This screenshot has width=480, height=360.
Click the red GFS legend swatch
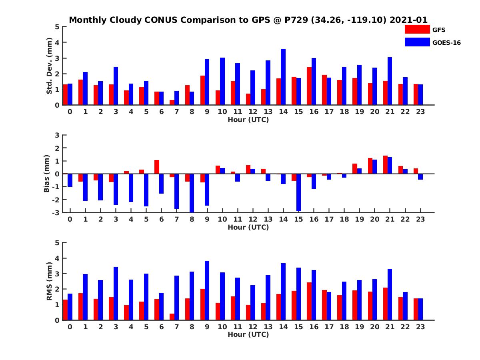(417, 29)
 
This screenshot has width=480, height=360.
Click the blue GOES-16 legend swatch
(417, 42)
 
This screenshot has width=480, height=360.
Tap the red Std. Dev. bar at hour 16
(309, 86)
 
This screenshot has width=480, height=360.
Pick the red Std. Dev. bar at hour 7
(172, 102)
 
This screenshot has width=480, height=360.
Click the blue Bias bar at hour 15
(298, 192)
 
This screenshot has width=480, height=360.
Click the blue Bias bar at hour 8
(192, 193)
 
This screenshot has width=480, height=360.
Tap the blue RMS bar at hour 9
(207, 290)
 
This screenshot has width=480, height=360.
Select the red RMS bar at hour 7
(172, 317)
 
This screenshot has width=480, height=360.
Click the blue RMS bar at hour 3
(116, 293)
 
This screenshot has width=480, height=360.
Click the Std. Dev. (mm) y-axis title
(50, 66)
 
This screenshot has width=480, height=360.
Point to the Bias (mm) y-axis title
(47, 174)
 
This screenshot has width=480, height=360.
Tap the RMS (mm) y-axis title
(50, 281)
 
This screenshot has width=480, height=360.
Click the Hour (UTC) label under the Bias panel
(248, 227)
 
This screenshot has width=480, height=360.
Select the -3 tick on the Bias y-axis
(56, 212)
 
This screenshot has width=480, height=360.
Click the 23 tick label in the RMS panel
(420, 327)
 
